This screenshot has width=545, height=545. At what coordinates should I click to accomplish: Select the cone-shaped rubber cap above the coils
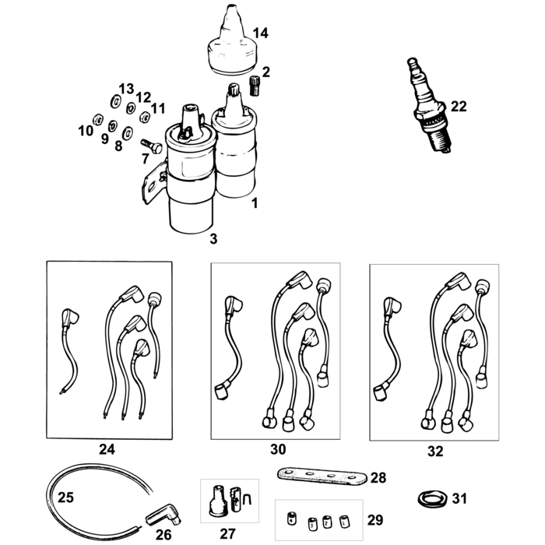click(x=233, y=43)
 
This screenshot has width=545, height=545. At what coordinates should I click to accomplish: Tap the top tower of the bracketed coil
click(x=189, y=121)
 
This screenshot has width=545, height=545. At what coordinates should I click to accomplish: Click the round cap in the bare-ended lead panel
click(x=154, y=299)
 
